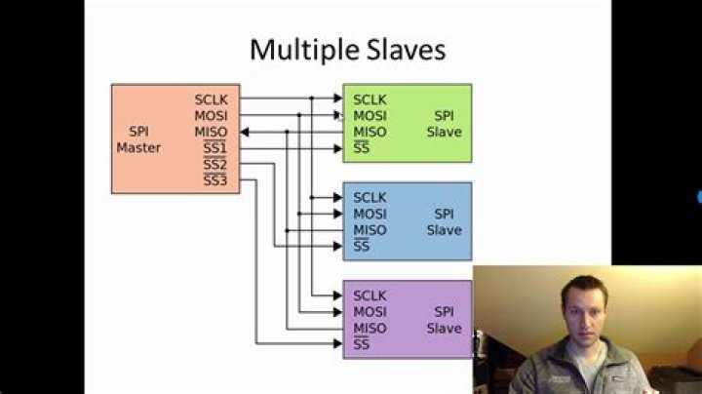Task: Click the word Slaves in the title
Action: click(x=407, y=49)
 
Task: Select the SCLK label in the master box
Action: click(x=211, y=99)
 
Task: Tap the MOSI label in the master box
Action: click(x=211, y=115)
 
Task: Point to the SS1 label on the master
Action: click(x=214, y=147)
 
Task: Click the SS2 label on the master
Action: click(x=214, y=164)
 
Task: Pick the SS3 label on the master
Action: click(x=214, y=180)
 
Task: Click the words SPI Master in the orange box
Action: click(x=138, y=139)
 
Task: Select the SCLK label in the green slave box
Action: click(x=370, y=99)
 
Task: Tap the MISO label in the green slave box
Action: click(x=370, y=132)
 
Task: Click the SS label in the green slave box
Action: click(x=362, y=147)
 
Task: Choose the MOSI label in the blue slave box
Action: click(x=370, y=214)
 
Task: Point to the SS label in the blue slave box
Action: click(x=362, y=246)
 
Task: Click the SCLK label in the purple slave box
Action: click(x=370, y=295)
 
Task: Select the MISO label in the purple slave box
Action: click(x=370, y=329)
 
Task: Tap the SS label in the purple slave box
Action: click(x=362, y=344)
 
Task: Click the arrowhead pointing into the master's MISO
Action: click(x=244, y=132)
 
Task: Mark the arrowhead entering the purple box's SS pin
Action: click(x=338, y=344)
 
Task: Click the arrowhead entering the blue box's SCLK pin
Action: click(x=338, y=197)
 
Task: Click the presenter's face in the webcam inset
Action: click(x=584, y=310)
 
